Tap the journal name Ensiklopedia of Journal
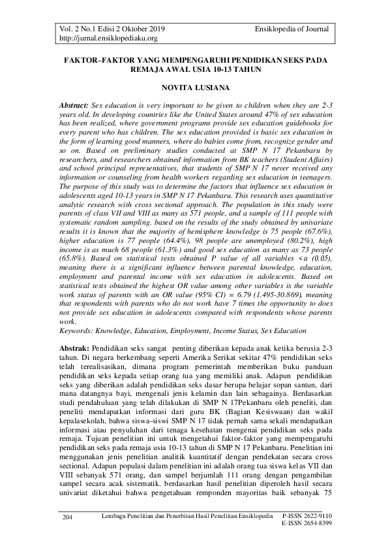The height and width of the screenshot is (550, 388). click(x=292, y=29)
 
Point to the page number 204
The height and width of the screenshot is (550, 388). click(x=67, y=517)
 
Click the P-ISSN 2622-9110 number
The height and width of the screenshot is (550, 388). click(x=307, y=516)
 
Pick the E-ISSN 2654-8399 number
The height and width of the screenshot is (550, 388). click(x=307, y=524)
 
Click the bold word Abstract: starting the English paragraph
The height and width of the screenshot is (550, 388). click(x=74, y=105)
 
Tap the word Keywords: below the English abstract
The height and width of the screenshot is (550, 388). click(x=77, y=331)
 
